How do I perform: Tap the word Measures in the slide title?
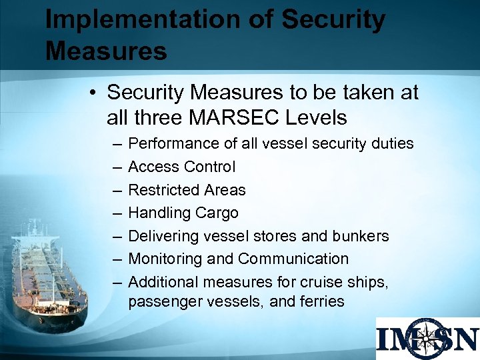[106, 51]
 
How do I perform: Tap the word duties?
[391, 144]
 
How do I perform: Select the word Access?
[152, 167]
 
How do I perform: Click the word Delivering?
[159, 237]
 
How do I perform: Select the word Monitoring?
[163, 259]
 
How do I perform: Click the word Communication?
[293, 259]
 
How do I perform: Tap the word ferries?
[322, 301]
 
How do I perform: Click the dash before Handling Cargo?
[117, 213]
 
